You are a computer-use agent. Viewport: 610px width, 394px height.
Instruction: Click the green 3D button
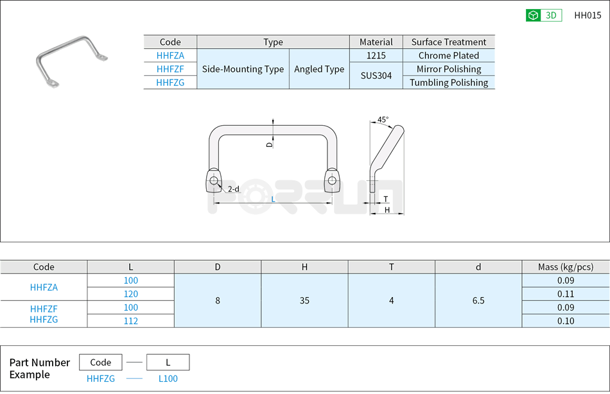click(x=543, y=15)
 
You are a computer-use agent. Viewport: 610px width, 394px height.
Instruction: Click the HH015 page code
click(x=587, y=15)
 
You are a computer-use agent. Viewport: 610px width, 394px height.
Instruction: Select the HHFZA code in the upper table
click(x=170, y=56)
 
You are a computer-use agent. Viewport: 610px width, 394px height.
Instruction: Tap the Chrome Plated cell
click(x=449, y=56)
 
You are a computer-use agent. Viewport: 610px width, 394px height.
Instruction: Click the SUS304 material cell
click(x=376, y=76)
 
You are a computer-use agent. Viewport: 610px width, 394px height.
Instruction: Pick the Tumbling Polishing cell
click(x=449, y=83)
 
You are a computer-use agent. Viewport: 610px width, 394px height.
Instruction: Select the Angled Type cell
click(x=319, y=69)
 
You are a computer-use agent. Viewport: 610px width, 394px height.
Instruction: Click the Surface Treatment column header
click(x=449, y=42)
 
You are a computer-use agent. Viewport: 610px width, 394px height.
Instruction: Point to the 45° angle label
click(x=383, y=120)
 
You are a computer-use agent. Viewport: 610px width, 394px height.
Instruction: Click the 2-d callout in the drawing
click(x=234, y=189)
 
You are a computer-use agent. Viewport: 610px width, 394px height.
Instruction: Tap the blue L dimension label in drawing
click(x=273, y=200)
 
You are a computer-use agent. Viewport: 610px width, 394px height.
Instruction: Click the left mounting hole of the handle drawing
click(x=213, y=180)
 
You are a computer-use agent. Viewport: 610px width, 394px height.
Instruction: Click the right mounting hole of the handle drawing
click(x=331, y=180)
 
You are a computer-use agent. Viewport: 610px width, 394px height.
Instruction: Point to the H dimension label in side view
click(x=387, y=210)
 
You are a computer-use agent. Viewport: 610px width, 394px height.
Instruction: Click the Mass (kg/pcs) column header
click(x=566, y=267)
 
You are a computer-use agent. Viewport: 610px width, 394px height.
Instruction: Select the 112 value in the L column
click(x=130, y=321)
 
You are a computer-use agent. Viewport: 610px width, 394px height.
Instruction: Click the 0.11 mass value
click(x=566, y=294)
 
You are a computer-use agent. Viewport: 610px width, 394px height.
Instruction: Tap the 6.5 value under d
click(x=478, y=300)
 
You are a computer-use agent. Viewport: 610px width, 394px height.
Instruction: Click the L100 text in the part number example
click(x=168, y=379)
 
